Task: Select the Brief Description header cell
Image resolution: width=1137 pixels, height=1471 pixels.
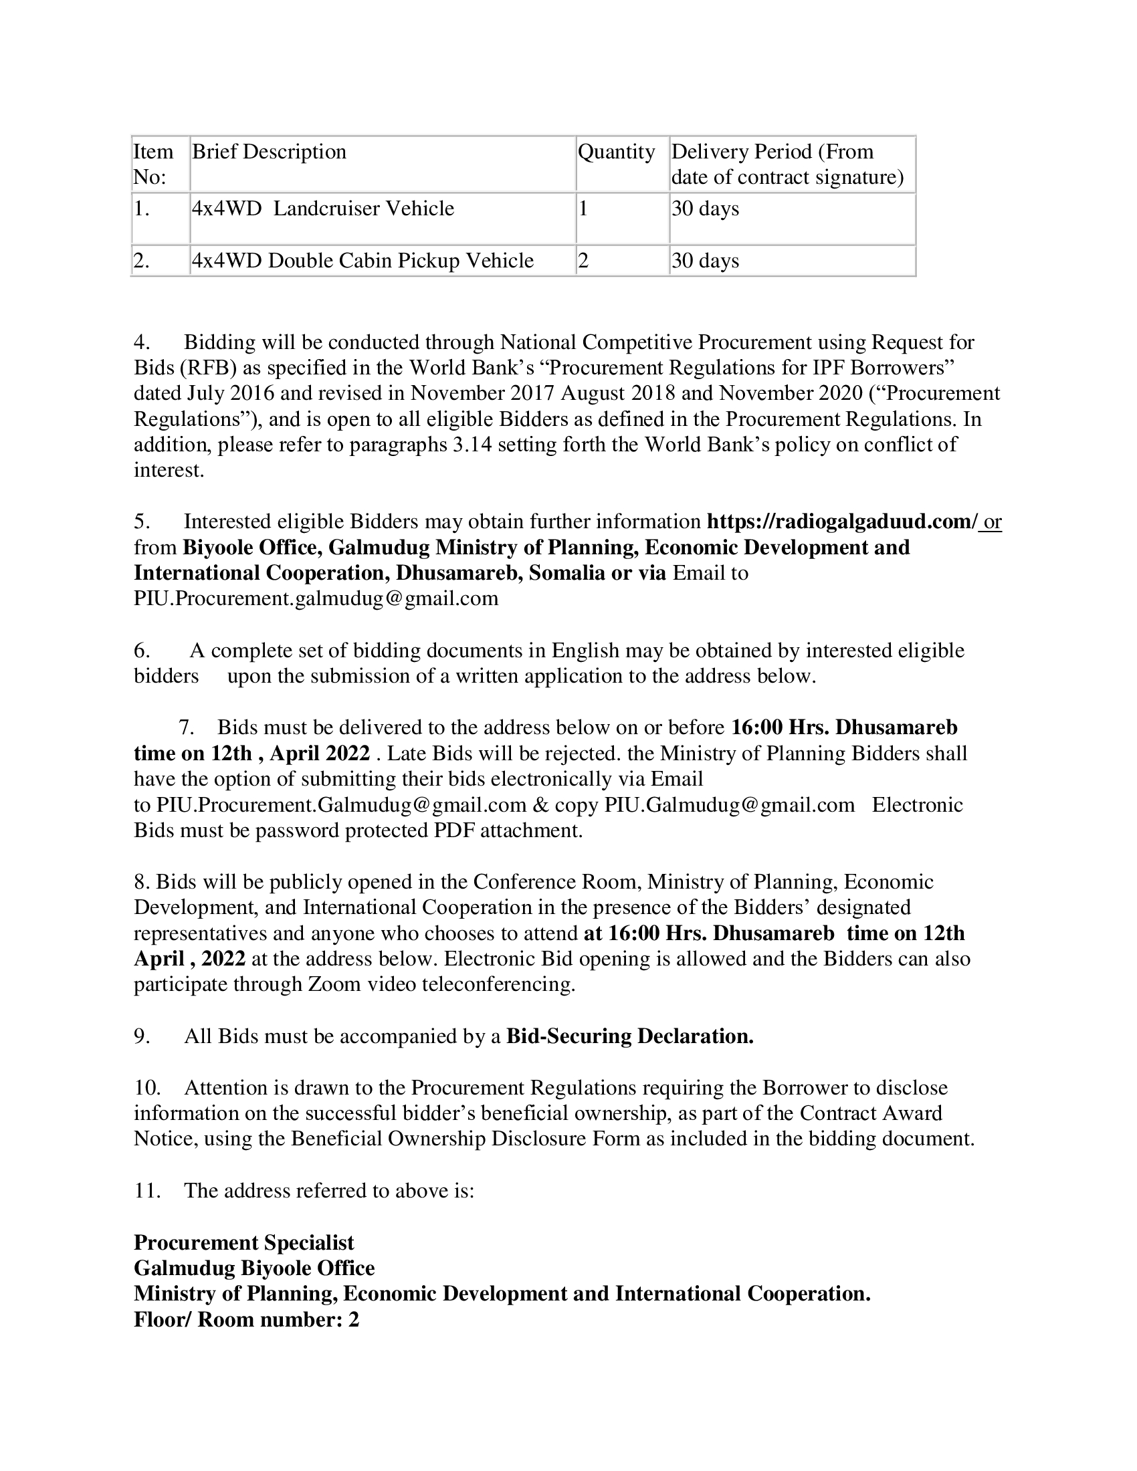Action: (269, 152)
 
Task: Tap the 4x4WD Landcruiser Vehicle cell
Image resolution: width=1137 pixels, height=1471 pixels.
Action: (322, 209)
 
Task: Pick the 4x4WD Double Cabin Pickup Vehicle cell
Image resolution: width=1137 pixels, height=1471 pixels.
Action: (363, 261)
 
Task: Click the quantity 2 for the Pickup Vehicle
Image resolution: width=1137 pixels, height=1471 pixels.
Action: (583, 261)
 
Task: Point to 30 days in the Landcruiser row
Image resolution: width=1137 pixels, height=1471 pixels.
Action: (704, 209)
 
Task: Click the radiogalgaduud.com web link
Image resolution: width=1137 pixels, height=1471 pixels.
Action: (841, 522)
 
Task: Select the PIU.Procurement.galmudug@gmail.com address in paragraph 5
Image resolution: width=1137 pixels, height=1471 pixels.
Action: (316, 598)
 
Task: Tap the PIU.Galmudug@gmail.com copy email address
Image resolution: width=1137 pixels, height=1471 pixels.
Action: (730, 805)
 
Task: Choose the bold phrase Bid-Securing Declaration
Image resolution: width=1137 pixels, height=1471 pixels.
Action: (630, 1036)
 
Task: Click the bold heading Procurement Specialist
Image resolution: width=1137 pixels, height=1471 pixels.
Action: (244, 1243)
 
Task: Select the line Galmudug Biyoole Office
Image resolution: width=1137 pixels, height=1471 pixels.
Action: (254, 1268)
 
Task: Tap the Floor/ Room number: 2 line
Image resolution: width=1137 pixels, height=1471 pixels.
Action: (247, 1319)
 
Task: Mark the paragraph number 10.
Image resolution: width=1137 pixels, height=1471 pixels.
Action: (147, 1088)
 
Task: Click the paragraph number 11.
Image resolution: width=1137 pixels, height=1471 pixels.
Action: (147, 1191)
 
